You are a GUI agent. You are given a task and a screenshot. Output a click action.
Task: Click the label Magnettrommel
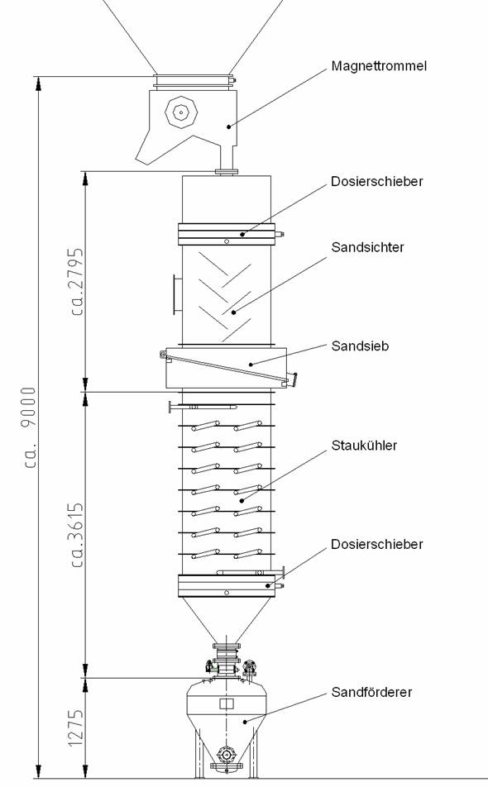tap(379, 66)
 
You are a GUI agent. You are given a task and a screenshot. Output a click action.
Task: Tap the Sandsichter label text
tap(367, 247)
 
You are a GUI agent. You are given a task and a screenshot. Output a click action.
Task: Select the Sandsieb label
tap(360, 346)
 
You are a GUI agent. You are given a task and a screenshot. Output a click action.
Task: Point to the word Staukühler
tap(364, 446)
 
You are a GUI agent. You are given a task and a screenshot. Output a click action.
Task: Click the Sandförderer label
tap(371, 692)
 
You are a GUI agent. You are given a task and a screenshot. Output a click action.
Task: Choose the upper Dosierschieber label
tap(377, 181)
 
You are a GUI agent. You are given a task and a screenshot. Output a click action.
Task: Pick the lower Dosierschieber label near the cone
tap(377, 544)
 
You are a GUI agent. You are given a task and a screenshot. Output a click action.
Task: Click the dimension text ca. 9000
tap(30, 427)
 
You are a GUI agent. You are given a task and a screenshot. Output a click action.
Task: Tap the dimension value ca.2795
tap(77, 282)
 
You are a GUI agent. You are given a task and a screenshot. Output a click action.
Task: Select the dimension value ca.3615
tap(77, 535)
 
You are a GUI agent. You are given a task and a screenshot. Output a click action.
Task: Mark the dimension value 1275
tap(76, 727)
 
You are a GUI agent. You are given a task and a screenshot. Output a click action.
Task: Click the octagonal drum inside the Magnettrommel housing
tap(181, 112)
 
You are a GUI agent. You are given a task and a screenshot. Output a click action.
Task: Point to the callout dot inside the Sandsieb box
tap(251, 364)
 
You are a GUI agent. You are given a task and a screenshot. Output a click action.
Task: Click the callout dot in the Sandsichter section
tap(234, 312)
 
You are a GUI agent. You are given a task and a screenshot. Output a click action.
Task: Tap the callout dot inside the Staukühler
tap(242, 500)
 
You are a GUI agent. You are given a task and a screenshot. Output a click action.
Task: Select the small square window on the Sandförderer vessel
tap(227, 704)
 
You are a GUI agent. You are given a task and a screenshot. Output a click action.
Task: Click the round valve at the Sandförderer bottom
tap(227, 755)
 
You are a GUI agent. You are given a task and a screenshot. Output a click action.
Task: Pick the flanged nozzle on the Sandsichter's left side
tap(177, 294)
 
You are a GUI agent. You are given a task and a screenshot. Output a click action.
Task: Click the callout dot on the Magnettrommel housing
tap(228, 126)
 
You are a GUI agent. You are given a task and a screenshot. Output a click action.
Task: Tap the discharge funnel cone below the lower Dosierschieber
tap(227, 620)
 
